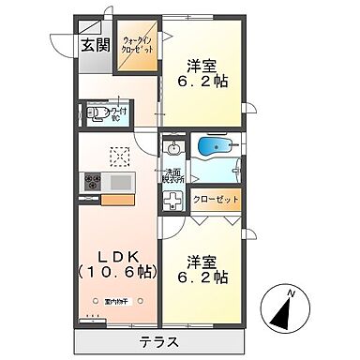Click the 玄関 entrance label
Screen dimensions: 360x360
[x=91, y=43]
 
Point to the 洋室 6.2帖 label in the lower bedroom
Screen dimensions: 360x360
[x=206, y=269]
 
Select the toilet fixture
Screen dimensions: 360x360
[x=97, y=114]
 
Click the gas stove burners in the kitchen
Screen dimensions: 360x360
[x=93, y=181]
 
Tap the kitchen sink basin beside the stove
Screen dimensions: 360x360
[x=119, y=181]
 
